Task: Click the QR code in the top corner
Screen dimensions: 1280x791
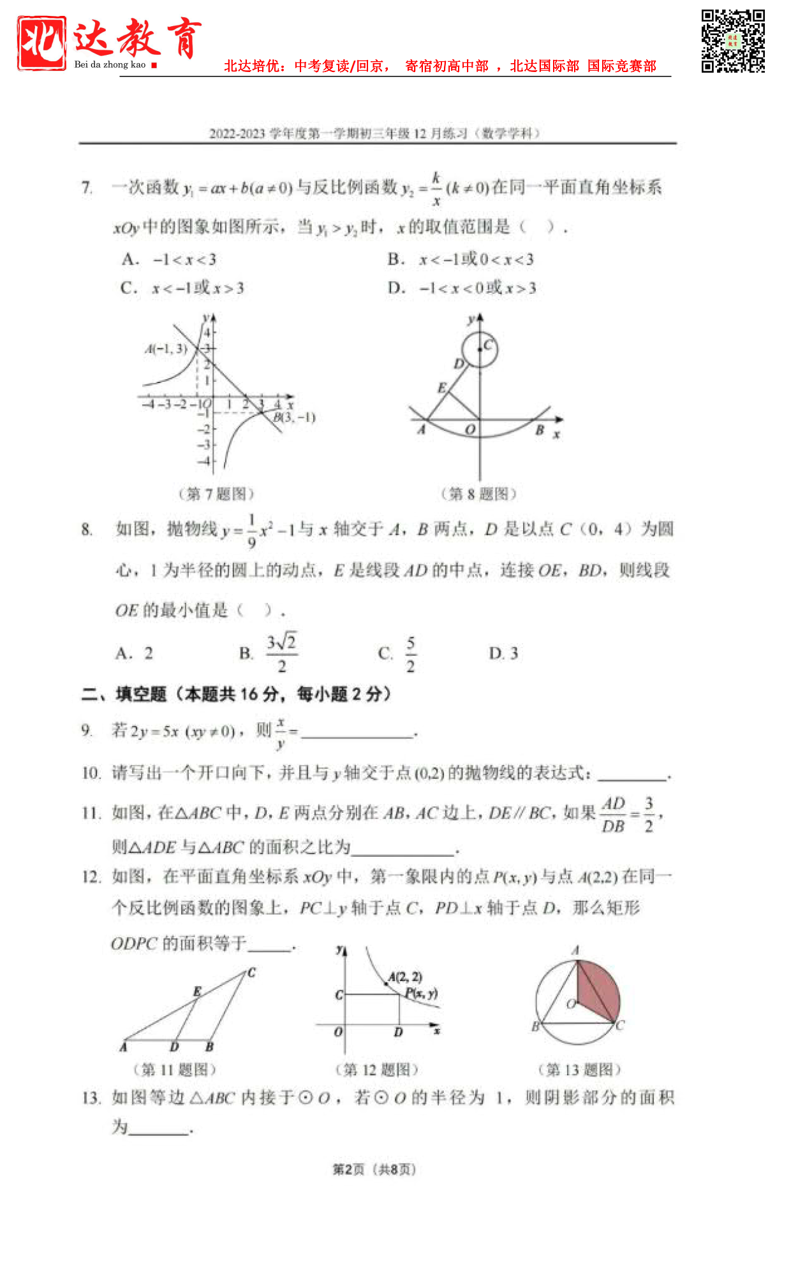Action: click(x=732, y=41)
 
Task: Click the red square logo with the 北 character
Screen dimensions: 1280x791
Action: click(x=41, y=43)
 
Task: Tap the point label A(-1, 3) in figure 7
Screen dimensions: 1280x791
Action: click(x=166, y=349)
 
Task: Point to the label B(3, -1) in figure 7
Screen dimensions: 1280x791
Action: click(x=295, y=418)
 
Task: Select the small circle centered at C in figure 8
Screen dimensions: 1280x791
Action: click(x=480, y=350)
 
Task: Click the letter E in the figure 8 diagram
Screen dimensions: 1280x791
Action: click(x=442, y=388)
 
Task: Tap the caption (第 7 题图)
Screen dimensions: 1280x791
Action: click(x=216, y=493)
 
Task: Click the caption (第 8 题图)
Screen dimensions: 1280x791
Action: click(x=478, y=493)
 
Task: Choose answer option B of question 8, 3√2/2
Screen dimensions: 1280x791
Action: click(x=281, y=653)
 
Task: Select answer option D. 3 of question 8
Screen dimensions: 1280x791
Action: click(x=503, y=653)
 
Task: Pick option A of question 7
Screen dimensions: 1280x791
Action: click(x=169, y=259)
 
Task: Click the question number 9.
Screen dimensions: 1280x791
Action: click(x=87, y=731)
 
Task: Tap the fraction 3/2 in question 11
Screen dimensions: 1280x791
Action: click(x=649, y=814)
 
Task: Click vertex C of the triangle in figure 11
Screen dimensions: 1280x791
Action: click(x=251, y=973)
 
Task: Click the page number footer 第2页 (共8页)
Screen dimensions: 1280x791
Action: click(x=374, y=1169)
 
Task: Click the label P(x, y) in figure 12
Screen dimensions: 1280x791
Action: click(x=422, y=993)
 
